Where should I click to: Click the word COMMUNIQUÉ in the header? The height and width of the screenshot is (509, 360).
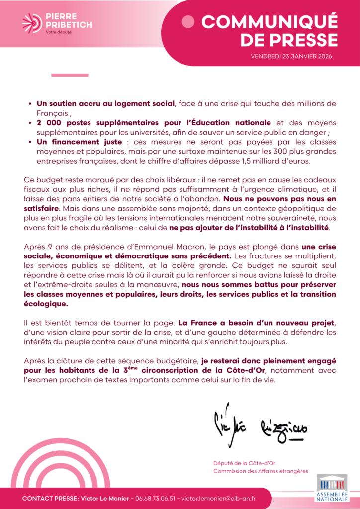(x=269, y=22)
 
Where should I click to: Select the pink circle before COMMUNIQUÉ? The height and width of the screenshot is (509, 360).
(x=188, y=21)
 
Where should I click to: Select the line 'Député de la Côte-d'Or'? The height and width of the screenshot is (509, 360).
(x=241, y=463)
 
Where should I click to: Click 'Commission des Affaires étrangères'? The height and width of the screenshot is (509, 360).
(x=261, y=471)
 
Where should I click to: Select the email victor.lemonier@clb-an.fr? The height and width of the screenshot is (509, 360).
(x=218, y=499)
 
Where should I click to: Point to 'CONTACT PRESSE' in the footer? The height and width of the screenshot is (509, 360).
(x=47, y=499)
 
